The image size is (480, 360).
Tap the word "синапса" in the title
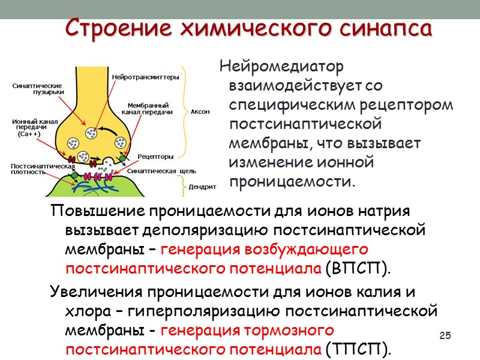click(384, 28)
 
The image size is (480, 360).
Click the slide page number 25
click(445, 334)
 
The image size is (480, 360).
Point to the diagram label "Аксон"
click(200, 112)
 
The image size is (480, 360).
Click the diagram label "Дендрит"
click(202, 187)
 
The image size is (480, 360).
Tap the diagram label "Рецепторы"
click(155, 157)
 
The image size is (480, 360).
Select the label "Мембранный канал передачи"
click(147, 108)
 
